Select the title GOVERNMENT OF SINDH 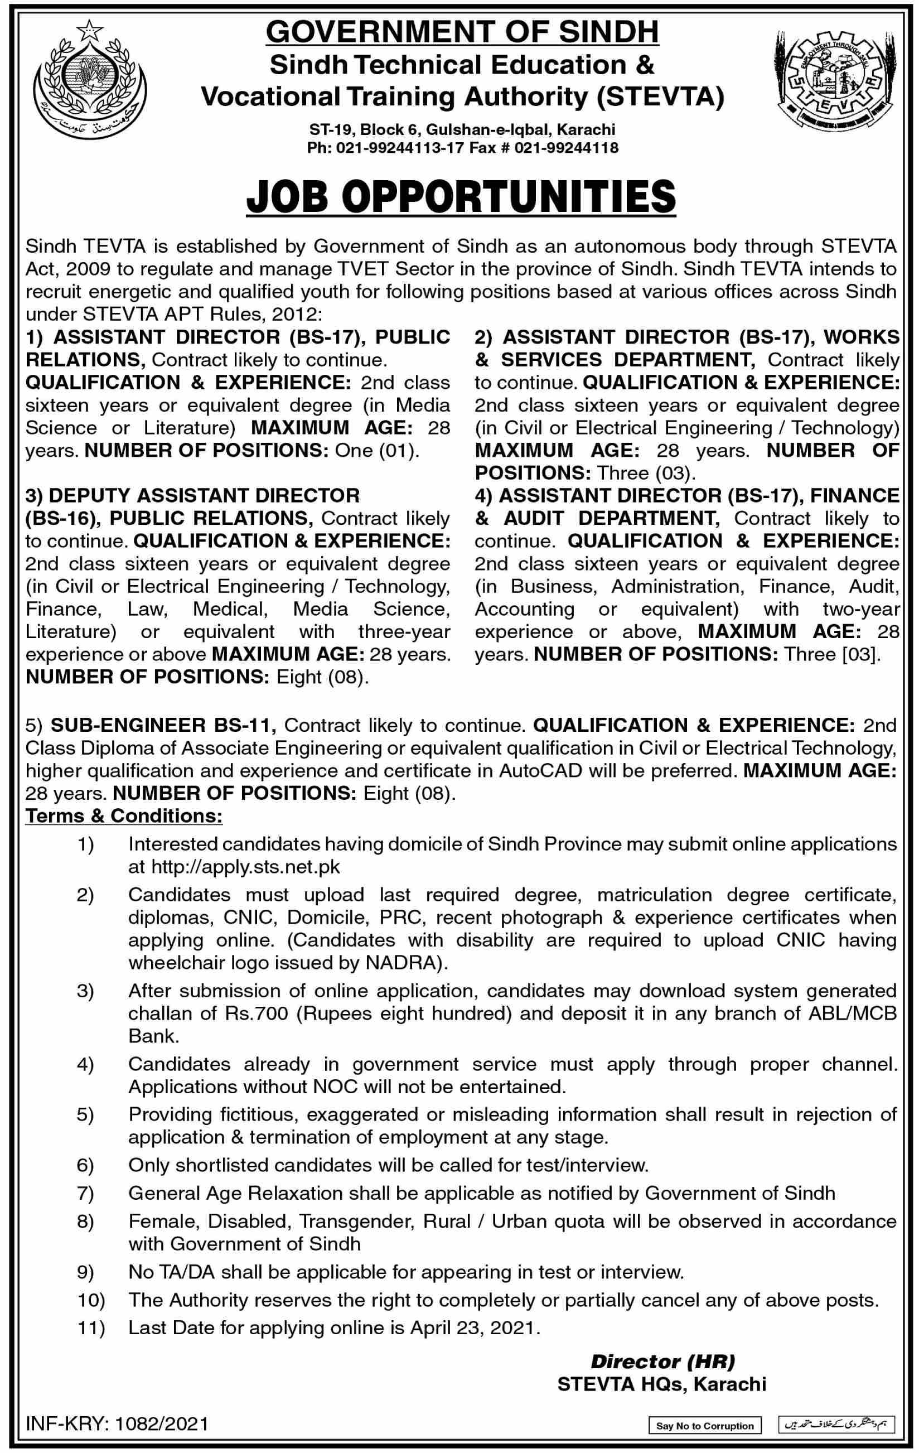tap(462, 32)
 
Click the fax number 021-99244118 tap(567, 147)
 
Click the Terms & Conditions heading tap(124, 816)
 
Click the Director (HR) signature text tap(662, 1360)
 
